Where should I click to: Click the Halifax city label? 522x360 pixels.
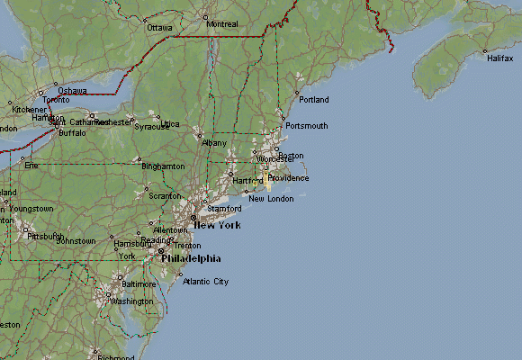point(500,58)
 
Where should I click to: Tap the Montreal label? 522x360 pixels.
point(222,23)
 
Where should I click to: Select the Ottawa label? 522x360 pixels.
point(159,28)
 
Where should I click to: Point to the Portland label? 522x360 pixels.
point(313,99)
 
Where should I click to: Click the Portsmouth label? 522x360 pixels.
point(306,126)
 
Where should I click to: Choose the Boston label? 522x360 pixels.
point(291,156)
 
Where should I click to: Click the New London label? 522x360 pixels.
point(271,199)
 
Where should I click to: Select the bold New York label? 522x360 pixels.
point(217,225)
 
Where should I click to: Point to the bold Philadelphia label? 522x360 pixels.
point(191,258)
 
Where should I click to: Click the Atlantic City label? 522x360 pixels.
point(205,282)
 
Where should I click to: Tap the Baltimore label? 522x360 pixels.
point(139,284)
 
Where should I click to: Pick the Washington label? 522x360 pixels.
point(131,301)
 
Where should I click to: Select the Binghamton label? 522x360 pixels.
point(163,166)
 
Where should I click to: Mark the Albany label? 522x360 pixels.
point(215,143)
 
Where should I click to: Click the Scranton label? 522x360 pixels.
point(165,195)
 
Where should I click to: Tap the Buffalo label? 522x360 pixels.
point(72,133)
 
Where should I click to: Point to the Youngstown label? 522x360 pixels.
point(31,209)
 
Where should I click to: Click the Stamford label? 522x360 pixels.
point(224,209)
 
